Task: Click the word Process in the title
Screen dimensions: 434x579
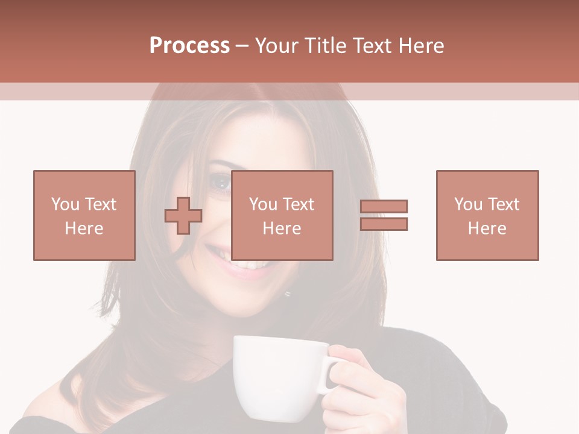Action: [189, 46]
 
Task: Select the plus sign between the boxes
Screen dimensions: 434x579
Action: [183, 215]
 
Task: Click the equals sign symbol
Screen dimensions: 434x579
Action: [384, 215]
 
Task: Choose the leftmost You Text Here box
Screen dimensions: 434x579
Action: [84, 215]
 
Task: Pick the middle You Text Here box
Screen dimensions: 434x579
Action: [282, 215]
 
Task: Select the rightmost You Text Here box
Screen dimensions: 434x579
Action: [487, 215]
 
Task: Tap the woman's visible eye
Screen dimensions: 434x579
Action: [221, 182]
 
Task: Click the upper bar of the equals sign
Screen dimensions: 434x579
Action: [384, 207]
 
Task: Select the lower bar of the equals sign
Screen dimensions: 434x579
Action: [384, 224]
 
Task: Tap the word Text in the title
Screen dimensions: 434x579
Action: [370, 46]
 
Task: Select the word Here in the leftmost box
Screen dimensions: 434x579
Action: [84, 228]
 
